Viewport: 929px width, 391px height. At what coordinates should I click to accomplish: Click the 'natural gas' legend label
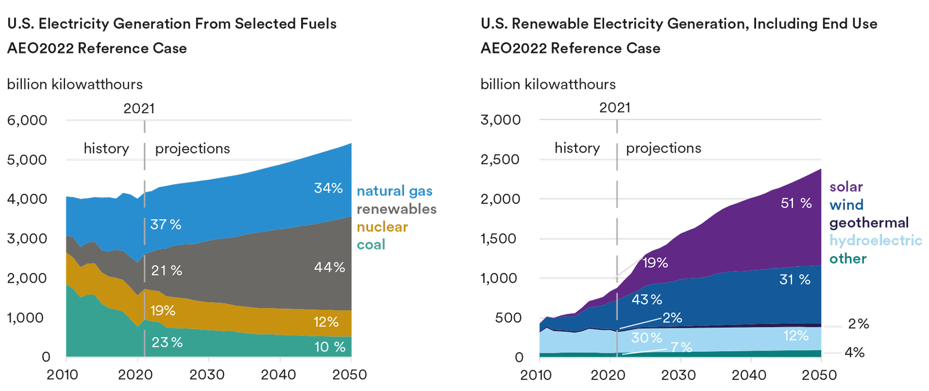pos(394,191)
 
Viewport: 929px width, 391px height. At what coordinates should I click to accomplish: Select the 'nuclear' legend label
pos(382,227)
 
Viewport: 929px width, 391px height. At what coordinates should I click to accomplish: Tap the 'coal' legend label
pos(371,244)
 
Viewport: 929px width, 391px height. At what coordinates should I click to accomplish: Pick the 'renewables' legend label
pos(396,209)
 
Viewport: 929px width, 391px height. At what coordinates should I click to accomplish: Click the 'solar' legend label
pos(846,187)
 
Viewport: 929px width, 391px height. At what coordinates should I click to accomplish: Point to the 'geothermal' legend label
pos(869,222)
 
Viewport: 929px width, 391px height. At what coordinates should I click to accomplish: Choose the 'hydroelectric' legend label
pos(876,240)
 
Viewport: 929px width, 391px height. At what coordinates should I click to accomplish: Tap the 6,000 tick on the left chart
pos(27,120)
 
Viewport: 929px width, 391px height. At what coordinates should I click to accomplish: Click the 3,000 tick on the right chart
pos(501,120)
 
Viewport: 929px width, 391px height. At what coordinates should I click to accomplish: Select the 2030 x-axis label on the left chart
pos(207,374)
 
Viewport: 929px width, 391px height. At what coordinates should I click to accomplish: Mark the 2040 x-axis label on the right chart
pos(749,374)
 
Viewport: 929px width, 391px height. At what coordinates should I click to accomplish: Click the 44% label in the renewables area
pos(329,267)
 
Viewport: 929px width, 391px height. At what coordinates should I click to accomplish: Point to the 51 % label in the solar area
pos(796,203)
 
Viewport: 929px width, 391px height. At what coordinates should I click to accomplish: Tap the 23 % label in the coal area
pos(167,342)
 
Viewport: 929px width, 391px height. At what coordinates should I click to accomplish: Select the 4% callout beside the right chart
pos(854,352)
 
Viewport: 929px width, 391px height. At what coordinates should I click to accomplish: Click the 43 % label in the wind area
pos(646,299)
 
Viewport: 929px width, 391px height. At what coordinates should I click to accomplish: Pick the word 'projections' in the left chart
pos(192,149)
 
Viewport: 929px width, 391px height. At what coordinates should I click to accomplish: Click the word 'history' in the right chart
pos(577,148)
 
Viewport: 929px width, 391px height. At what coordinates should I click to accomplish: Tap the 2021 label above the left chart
pos(139,108)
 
